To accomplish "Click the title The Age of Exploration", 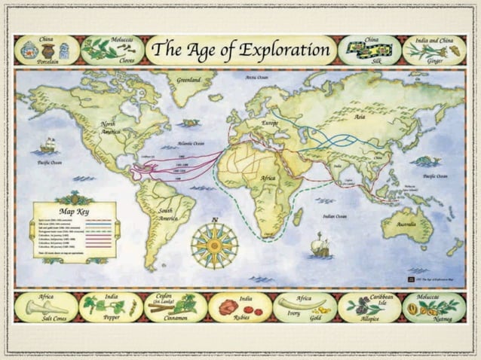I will pyautogui.click(x=240, y=50).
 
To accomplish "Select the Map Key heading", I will pyautogui.click(x=75, y=212).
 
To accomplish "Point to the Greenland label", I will pyautogui.click(x=188, y=80).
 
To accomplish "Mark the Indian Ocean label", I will pyautogui.click(x=334, y=217).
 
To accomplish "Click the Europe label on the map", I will pyautogui.click(x=269, y=123).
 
